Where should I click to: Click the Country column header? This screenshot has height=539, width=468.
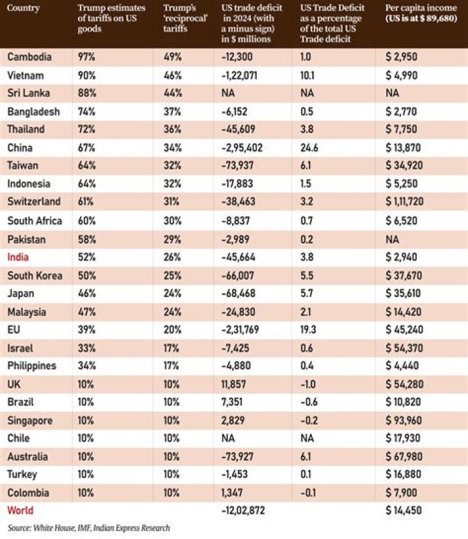(23, 8)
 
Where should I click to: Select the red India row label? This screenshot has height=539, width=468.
(18, 257)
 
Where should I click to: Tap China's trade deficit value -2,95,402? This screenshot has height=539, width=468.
(242, 148)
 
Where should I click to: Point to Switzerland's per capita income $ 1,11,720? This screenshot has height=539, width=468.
(404, 202)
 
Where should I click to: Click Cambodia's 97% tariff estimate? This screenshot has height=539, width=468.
(86, 57)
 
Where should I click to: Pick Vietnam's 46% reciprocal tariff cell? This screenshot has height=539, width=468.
(172, 75)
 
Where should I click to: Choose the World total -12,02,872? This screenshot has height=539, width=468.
(243, 510)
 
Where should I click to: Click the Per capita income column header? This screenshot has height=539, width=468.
(421, 13)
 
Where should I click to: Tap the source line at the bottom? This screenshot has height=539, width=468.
(88, 528)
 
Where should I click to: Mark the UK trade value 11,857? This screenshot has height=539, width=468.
(233, 384)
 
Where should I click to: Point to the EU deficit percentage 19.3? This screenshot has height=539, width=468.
(308, 330)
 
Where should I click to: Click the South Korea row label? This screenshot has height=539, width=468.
(34, 276)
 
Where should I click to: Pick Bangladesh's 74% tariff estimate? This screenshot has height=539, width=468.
(86, 112)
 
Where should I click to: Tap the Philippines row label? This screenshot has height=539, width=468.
(32, 366)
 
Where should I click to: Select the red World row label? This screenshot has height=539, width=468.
(20, 510)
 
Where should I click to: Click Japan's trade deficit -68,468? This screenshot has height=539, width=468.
(239, 294)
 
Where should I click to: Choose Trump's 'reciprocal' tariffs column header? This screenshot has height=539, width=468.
(185, 18)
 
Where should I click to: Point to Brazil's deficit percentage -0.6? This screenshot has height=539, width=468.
(309, 402)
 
